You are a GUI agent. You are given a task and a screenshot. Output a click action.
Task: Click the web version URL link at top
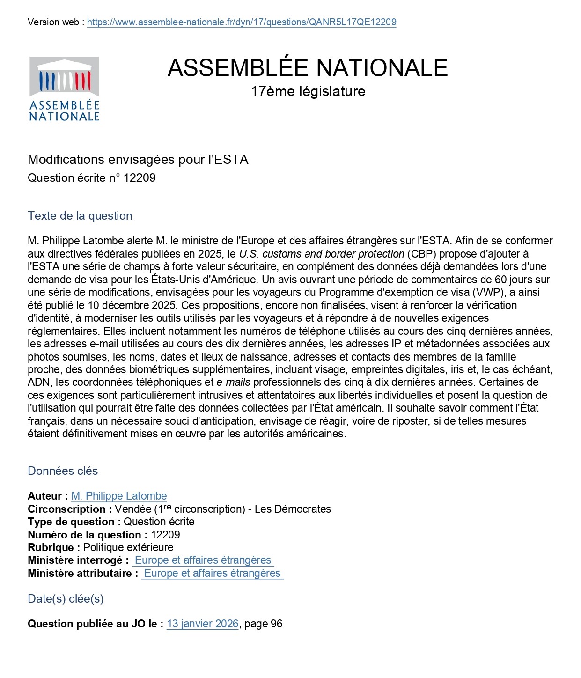tap(242, 22)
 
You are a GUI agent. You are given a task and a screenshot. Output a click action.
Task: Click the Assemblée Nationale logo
tap(64, 89)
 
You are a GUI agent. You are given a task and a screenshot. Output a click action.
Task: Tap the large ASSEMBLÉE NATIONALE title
tap(308, 68)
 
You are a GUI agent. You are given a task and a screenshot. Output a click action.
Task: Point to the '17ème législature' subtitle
tap(308, 91)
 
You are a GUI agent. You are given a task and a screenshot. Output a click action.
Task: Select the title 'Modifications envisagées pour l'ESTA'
tap(138, 160)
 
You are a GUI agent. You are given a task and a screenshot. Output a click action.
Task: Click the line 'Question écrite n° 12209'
tap(92, 178)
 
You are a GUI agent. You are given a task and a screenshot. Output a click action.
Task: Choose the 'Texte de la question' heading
tap(80, 216)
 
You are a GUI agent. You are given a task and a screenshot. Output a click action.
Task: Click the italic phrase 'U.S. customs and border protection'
tap(322, 254)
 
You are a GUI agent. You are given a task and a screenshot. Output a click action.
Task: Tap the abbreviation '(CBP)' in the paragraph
tap(422, 254)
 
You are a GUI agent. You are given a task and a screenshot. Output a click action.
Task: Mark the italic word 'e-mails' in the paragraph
tap(233, 383)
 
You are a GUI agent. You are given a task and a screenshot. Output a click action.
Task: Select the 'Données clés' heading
tap(63, 471)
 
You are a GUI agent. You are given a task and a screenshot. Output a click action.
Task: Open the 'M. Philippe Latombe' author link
tap(119, 496)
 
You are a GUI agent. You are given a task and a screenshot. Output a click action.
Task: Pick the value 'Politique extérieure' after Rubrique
tap(128, 548)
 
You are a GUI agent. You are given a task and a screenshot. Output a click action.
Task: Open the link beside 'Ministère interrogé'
tap(203, 560)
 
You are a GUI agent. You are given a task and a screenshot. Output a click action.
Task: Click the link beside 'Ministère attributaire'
tap(212, 574)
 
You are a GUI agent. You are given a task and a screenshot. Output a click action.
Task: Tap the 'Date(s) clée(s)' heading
tap(66, 599)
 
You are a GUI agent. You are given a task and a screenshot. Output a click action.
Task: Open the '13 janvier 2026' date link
tap(203, 624)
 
